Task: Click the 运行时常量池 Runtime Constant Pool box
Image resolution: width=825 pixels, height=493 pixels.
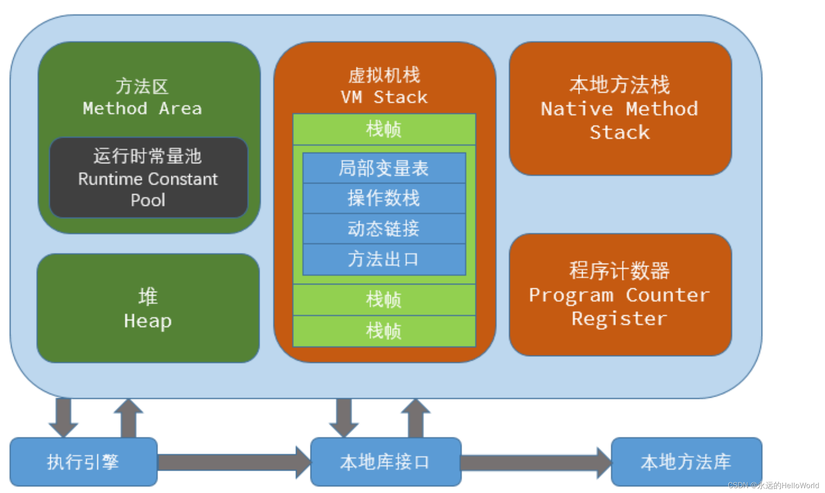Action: tap(148, 178)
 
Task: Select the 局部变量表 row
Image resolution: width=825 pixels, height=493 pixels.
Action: tap(384, 168)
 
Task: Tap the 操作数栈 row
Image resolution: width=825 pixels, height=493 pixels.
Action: tap(384, 198)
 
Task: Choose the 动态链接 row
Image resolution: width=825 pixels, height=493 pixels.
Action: tap(384, 228)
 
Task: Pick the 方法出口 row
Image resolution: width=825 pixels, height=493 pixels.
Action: tap(384, 259)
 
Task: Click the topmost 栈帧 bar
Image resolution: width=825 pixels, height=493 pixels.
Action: tap(384, 129)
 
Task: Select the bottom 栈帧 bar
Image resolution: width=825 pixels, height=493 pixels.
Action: tap(384, 331)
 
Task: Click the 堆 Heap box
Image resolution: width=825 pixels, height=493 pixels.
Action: tap(148, 308)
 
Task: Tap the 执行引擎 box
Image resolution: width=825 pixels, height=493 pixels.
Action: tap(83, 462)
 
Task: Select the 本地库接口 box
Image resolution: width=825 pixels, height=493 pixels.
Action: tap(386, 462)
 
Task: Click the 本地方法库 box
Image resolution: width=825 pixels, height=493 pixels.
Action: tap(686, 462)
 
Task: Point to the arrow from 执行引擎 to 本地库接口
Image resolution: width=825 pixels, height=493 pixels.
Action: tap(234, 462)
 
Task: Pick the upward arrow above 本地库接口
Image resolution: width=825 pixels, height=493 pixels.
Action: tap(416, 418)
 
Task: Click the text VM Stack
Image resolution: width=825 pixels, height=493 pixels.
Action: tap(384, 97)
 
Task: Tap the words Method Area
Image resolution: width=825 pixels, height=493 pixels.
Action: tap(142, 108)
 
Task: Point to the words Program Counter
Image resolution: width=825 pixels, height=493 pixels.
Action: tap(619, 295)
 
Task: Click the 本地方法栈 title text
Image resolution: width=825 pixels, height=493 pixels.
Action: tap(620, 85)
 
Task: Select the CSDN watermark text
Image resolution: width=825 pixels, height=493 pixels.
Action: tap(773, 485)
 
